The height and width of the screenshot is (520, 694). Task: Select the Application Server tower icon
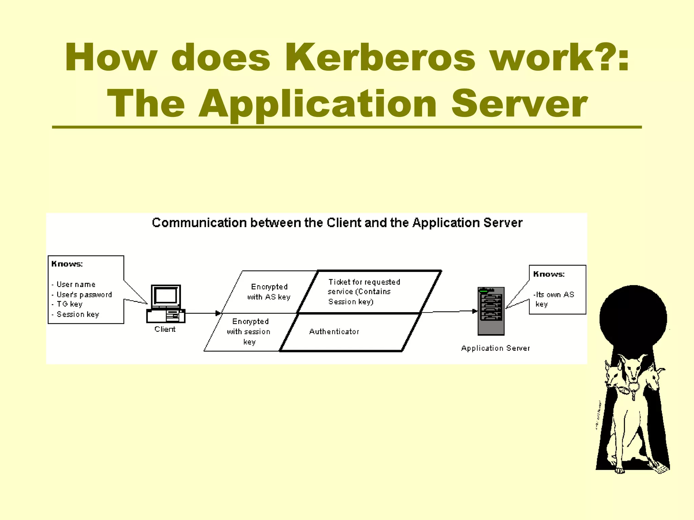(491, 311)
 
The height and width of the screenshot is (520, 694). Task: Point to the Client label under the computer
(165, 329)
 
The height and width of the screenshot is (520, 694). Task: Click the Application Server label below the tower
(495, 348)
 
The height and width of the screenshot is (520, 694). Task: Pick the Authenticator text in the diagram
(334, 331)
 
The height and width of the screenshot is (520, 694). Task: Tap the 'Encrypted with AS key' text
(269, 292)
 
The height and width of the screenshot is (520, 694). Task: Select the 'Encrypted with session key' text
(249, 331)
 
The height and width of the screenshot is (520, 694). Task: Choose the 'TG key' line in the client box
(69, 304)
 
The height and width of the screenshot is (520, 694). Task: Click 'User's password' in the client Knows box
(84, 294)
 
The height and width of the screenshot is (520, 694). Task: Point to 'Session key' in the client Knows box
(78, 314)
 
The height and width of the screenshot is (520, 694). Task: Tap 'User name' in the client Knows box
(76, 284)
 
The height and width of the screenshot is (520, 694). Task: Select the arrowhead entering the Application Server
(475, 311)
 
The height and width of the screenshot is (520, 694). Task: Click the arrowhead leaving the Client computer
(218, 313)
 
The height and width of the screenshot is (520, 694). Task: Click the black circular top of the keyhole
(633, 318)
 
